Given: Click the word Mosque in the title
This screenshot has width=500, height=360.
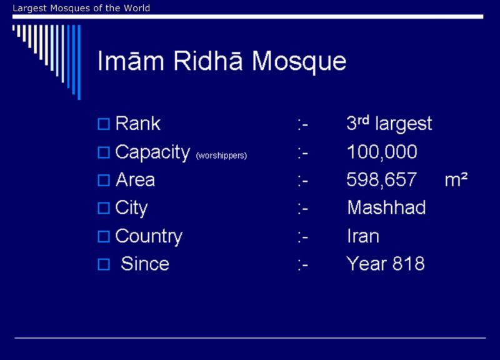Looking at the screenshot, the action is tap(299, 61).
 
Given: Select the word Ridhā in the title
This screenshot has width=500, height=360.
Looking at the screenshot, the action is tap(208, 60).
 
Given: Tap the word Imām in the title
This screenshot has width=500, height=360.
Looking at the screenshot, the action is tap(131, 60).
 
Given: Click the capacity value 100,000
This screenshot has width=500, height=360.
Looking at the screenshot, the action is tap(382, 152).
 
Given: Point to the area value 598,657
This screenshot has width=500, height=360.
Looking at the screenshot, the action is tap(381, 179).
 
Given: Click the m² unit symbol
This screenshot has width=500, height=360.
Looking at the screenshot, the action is tap(456, 179).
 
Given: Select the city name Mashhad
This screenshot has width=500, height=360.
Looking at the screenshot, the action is tap(386, 207).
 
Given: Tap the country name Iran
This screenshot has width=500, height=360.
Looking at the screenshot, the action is tap(363, 236).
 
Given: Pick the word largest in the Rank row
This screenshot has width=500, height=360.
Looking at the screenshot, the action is tap(404, 124).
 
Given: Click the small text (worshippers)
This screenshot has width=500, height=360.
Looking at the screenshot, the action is tap(221, 156).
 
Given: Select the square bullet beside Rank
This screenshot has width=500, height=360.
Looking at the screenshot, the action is tap(104, 124).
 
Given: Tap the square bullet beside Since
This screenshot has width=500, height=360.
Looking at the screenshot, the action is tap(104, 264).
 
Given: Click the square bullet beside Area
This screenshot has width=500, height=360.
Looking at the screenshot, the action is tap(104, 180).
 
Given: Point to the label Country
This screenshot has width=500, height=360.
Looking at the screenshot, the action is tap(149, 237).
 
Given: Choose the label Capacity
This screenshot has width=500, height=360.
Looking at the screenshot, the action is tap(152, 152).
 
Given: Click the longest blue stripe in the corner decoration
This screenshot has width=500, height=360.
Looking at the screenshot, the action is tap(79, 62).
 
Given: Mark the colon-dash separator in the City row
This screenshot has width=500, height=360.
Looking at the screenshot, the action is tap(302, 209).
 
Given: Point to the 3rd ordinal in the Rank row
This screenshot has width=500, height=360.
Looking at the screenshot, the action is tap(357, 122).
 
